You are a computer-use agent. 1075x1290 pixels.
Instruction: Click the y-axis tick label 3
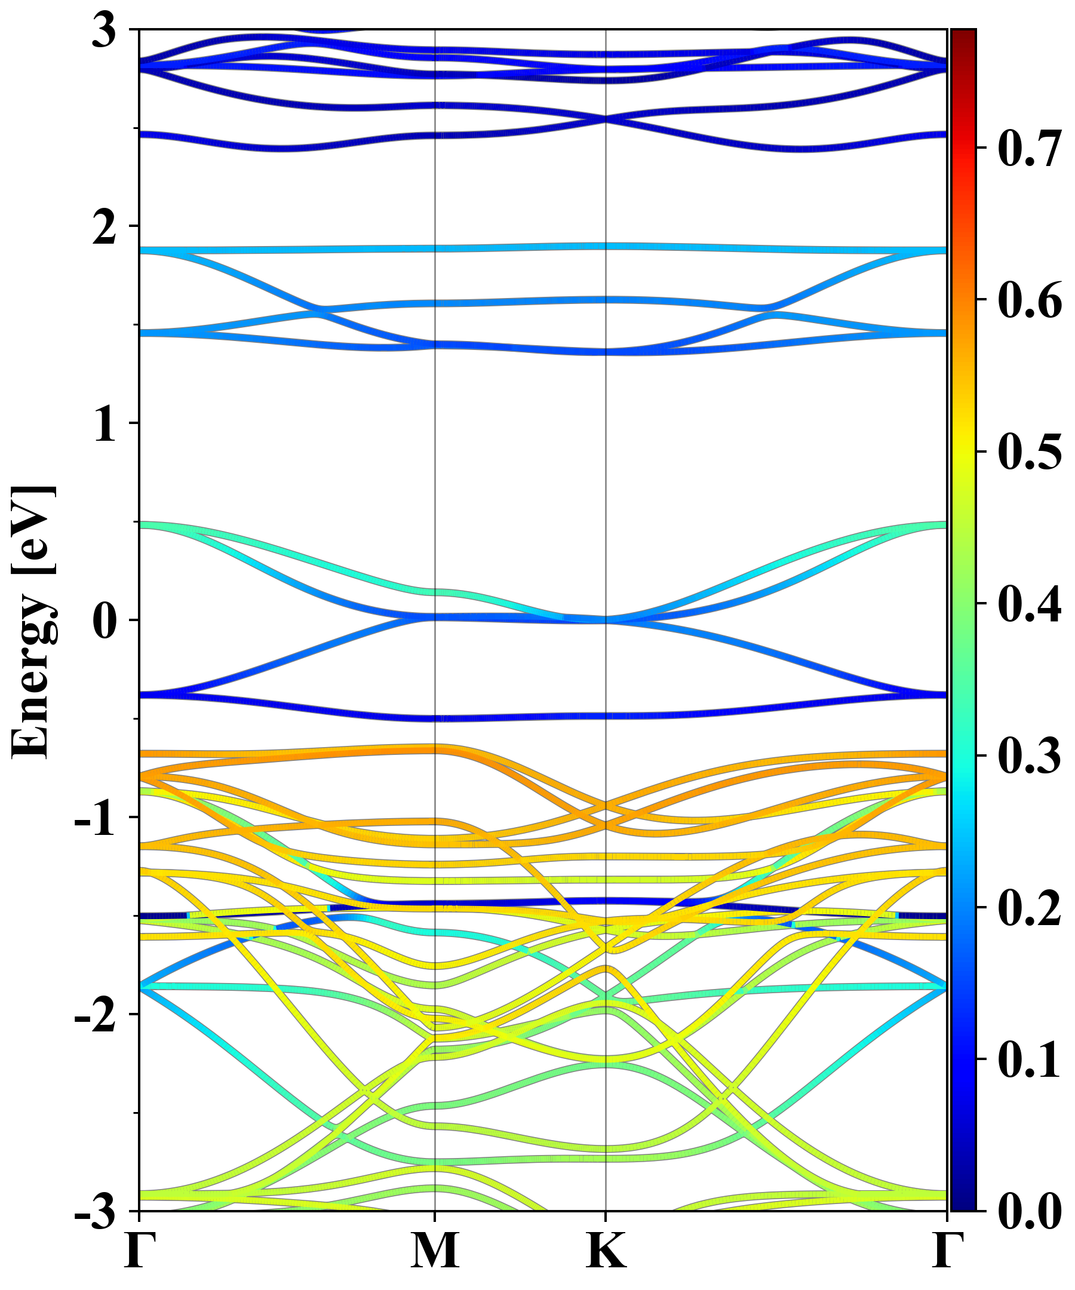click(104, 30)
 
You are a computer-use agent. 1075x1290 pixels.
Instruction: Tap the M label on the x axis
click(435, 1250)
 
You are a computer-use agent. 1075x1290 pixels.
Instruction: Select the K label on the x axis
click(606, 1250)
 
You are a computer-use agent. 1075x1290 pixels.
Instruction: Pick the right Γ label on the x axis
click(947, 1250)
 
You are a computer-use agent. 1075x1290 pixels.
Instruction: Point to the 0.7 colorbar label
click(1030, 149)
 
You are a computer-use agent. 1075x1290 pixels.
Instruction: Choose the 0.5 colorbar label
click(1030, 452)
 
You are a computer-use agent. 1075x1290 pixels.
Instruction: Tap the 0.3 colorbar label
click(1030, 755)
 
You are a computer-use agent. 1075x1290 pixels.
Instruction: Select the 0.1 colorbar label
click(1030, 1059)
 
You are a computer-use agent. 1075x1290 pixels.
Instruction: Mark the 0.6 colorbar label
click(1030, 300)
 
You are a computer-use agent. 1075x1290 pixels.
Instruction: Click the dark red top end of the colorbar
click(963, 35)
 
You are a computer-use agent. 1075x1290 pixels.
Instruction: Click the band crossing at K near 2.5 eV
click(606, 119)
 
